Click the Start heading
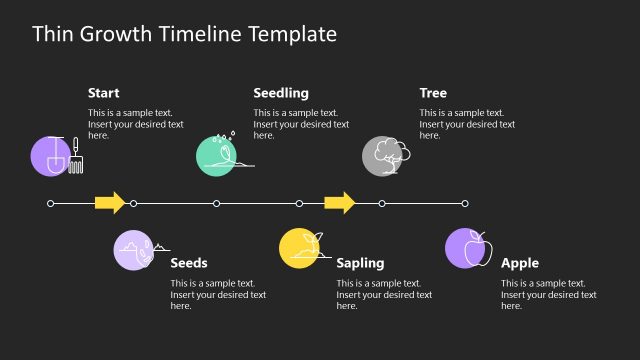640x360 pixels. pos(104,93)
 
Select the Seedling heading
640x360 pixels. pos(281,93)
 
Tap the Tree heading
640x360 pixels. pos(433,93)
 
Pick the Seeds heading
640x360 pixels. pos(189,263)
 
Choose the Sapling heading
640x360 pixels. pos(360,263)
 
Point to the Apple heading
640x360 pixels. pos(520,263)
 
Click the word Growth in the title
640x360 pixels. pos(121,34)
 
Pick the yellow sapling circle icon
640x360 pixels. pos(299,248)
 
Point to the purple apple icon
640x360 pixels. pos(466,248)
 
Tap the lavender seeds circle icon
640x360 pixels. pos(135,249)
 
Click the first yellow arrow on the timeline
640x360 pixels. pos(110,203)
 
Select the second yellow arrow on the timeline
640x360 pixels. pos(340,203)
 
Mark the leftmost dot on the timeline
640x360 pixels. pos(51,203)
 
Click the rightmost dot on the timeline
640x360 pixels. pos(465,203)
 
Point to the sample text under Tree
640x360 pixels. pos(467,124)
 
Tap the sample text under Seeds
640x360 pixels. pos(218,294)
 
